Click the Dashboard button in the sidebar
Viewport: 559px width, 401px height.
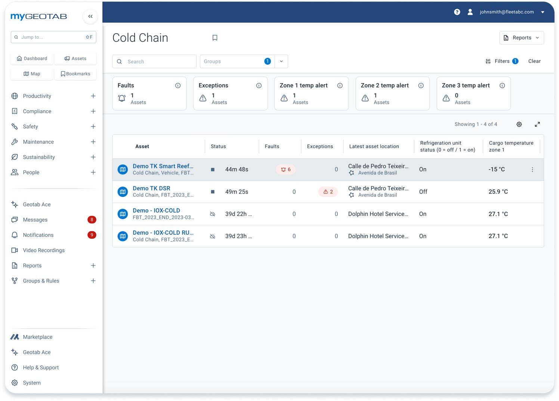point(32,59)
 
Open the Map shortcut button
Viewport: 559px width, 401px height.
point(32,74)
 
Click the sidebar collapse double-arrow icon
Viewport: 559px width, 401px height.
point(90,16)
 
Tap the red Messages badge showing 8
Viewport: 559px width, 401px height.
point(92,220)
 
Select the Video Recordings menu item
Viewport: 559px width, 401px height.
point(44,250)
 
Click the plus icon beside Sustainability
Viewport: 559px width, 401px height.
point(93,157)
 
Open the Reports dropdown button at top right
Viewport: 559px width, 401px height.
point(521,38)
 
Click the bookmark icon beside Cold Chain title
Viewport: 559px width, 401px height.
point(215,38)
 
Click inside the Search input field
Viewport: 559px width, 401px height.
point(159,62)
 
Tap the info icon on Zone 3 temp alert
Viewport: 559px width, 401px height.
point(502,86)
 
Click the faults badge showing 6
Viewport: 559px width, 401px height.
point(286,170)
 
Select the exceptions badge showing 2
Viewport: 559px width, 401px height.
point(328,192)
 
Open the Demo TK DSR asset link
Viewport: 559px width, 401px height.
point(151,188)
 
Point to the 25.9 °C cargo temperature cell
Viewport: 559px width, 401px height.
point(498,192)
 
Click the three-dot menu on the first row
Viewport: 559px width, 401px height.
point(532,170)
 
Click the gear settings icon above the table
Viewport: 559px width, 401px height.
point(519,124)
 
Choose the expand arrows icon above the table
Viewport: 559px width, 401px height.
point(537,124)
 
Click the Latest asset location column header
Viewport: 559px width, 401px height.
point(374,146)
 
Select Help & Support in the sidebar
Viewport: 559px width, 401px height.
point(41,368)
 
